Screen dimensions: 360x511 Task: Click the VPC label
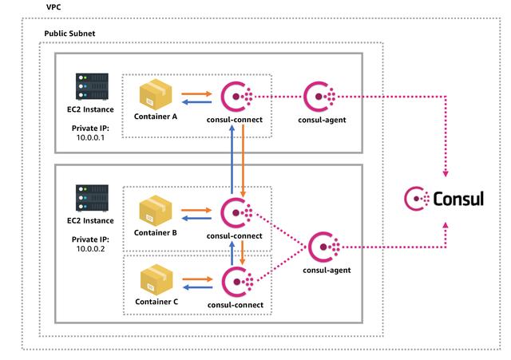(x=54, y=6)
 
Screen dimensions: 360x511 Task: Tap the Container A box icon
(x=156, y=97)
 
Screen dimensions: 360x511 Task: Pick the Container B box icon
(x=156, y=212)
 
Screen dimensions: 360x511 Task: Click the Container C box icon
(x=156, y=280)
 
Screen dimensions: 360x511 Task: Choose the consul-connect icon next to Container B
(x=237, y=212)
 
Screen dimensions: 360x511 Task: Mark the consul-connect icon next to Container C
(x=237, y=281)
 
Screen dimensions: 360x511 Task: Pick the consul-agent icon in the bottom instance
(x=323, y=247)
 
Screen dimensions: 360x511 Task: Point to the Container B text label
(x=156, y=234)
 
